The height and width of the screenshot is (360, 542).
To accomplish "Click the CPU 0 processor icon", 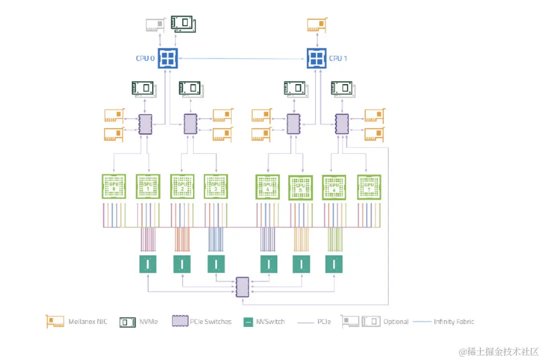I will pos(168,58).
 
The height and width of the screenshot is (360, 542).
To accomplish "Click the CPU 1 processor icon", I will pos(316,58).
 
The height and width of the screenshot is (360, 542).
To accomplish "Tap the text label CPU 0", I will pos(145,58).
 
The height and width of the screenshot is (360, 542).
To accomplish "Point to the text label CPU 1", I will pos(338,58).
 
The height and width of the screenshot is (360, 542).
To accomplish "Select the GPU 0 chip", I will pos(114,186).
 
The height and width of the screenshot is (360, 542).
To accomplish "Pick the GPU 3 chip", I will pos(216,186).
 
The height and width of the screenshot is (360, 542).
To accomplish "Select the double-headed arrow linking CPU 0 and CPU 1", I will pos(242,58).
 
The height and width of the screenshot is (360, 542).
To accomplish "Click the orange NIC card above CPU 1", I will pos(317,25).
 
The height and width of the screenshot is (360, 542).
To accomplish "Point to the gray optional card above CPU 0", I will pos(155,25).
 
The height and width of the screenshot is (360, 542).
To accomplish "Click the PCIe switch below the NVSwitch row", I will pos(242,286).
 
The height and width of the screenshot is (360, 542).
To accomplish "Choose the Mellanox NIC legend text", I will pos(88,321).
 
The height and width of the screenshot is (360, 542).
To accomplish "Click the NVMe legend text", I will pos(149,321).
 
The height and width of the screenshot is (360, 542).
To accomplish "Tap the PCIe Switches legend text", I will pos(211,321).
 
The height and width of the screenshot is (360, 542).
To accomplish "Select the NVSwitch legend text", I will pos(270,321).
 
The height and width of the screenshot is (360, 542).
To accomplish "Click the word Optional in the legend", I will pos(396,321).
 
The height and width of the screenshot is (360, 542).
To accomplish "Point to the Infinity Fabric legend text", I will pos(454,321).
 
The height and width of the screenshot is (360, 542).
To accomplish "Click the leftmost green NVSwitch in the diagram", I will pos(148,263).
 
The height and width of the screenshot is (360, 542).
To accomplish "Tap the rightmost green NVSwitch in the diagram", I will pos(334,263).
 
